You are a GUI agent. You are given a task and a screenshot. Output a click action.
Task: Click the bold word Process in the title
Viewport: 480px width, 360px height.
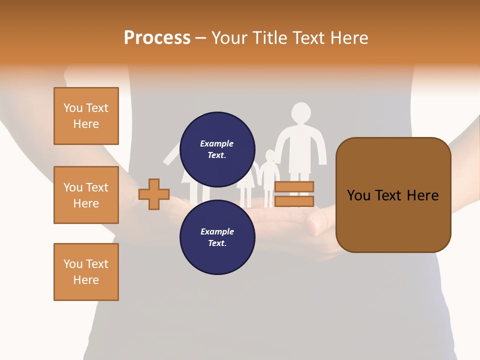pyautogui.click(x=157, y=38)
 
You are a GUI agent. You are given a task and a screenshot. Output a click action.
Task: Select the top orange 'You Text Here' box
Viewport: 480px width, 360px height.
pyautogui.click(x=86, y=116)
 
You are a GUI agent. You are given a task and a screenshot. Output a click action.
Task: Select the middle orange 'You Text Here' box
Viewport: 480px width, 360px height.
pyautogui.click(x=86, y=195)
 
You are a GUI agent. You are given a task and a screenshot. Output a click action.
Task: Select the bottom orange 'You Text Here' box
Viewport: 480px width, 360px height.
pyautogui.click(x=86, y=272)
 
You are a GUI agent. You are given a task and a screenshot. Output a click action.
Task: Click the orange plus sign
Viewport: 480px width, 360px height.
pyautogui.click(x=154, y=194)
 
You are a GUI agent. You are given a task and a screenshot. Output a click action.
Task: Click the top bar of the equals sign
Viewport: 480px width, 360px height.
pyautogui.click(x=294, y=186)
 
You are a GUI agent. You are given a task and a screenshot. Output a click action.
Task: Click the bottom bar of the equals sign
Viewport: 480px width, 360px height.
pyautogui.click(x=294, y=201)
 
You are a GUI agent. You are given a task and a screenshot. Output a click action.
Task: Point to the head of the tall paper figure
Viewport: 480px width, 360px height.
pyautogui.click(x=301, y=113)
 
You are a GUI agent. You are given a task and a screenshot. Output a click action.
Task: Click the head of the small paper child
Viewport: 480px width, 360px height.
pyautogui.click(x=270, y=155)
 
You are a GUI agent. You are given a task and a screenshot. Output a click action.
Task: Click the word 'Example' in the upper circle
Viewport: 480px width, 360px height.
pyautogui.click(x=216, y=143)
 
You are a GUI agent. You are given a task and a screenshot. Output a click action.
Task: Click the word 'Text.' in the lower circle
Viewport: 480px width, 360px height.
pyautogui.click(x=216, y=243)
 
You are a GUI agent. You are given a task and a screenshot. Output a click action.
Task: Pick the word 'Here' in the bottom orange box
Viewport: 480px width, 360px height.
pyautogui.click(x=86, y=280)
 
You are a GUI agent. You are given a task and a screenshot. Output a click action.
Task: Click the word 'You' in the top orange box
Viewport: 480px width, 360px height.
pyautogui.click(x=73, y=108)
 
